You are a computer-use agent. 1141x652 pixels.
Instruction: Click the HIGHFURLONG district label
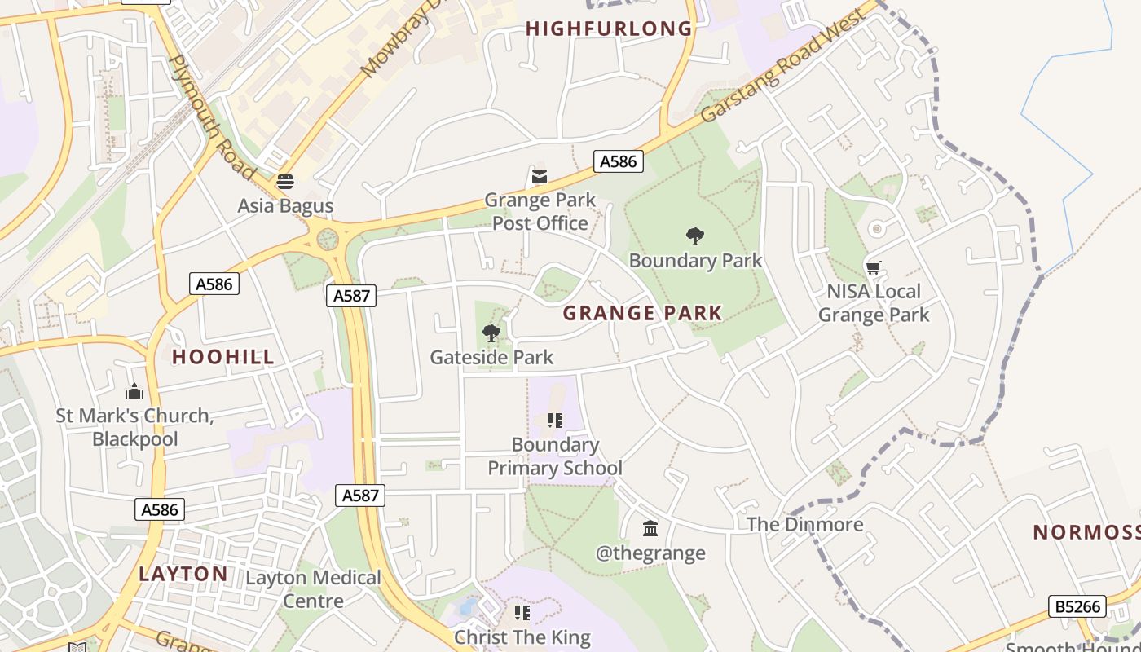(609, 29)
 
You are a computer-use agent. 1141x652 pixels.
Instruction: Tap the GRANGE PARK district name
(642, 313)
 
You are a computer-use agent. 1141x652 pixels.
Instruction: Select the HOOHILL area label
(223, 357)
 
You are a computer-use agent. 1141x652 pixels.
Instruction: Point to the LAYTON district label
(183, 574)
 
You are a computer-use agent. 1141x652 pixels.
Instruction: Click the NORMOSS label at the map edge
(1086, 533)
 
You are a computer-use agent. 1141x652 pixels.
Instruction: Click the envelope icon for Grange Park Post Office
(540, 177)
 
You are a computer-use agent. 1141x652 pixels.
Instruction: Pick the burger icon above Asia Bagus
(284, 182)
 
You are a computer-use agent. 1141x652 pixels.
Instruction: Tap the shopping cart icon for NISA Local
(874, 268)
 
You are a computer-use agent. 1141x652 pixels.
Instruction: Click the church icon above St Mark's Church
(134, 392)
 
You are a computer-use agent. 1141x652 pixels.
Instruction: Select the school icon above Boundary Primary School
(555, 421)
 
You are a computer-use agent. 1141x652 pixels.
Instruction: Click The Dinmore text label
(804, 524)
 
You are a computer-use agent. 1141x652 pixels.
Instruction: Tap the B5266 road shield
(1077, 606)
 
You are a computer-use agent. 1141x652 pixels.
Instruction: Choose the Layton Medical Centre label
(314, 589)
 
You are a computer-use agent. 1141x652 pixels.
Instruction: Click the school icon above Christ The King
(522, 613)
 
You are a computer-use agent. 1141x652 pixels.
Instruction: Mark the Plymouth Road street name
(210, 117)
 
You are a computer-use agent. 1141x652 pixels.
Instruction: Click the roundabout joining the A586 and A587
(327, 240)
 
